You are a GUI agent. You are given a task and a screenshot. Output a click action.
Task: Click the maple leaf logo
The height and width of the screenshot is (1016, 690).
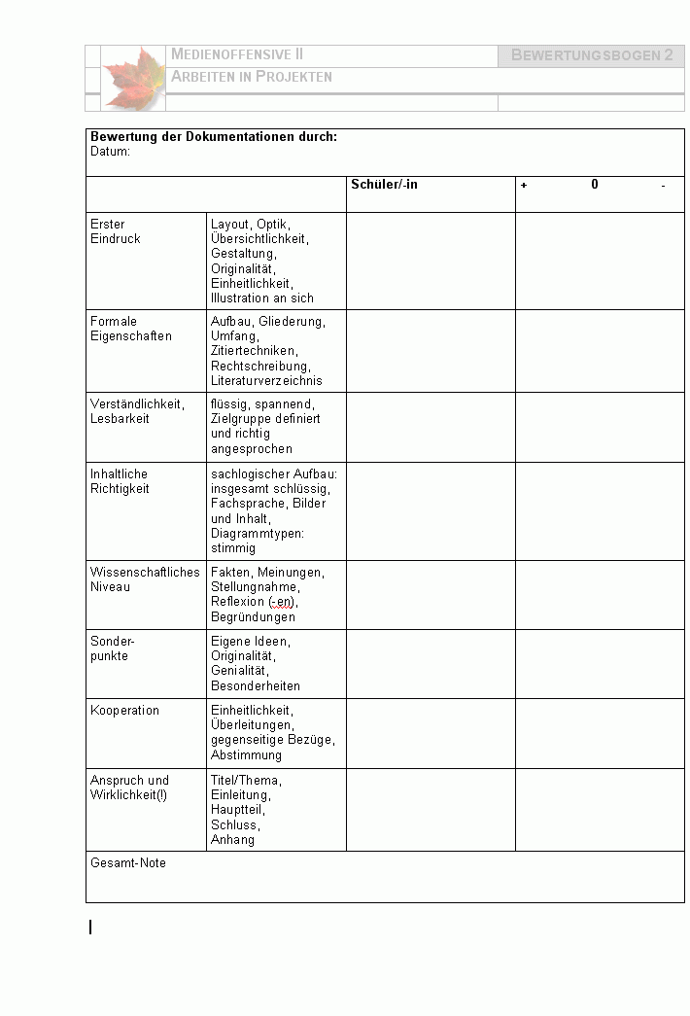coord(133,77)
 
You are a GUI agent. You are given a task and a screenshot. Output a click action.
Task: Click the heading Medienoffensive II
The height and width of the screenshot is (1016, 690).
coord(237,55)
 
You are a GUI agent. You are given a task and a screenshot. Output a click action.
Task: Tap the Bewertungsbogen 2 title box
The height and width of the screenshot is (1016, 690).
coord(591,55)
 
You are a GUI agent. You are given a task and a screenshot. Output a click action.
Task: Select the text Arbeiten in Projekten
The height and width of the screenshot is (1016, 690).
coord(252,77)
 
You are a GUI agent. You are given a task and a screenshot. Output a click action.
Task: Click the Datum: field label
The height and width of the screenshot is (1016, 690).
coord(110,152)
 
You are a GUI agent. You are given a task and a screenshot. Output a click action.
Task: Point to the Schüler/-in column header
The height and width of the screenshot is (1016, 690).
coord(384,184)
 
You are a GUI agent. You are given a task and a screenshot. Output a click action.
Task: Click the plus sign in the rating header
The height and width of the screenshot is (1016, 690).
coord(524,185)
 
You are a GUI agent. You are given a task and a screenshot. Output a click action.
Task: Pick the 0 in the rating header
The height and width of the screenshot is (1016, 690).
coord(595,184)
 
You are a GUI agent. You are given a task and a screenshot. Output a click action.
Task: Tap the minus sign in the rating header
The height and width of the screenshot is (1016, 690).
coord(663,185)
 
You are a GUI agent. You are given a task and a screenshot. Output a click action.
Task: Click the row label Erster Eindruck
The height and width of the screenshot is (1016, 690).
coord(115,231)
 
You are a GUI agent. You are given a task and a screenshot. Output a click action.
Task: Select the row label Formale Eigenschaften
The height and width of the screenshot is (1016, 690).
coord(130,329)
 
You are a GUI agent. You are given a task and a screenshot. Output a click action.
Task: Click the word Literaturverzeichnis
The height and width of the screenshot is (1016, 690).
coord(266,381)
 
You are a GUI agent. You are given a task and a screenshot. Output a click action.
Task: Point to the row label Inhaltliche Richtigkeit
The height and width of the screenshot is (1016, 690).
coord(120,481)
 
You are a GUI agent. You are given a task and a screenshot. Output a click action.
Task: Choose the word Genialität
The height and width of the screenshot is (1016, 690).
coord(240,671)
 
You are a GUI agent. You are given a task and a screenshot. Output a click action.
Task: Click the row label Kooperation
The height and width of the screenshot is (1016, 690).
coord(124,711)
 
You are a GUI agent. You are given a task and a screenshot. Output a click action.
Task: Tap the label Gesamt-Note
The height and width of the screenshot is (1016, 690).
coord(128,863)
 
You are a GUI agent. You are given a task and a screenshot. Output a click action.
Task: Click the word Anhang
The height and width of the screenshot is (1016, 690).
coord(232,840)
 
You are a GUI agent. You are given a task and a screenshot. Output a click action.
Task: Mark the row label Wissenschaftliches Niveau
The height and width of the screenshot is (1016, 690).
coord(144,579)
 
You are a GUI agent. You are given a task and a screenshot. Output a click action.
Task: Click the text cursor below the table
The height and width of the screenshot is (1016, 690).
coord(91,928)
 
